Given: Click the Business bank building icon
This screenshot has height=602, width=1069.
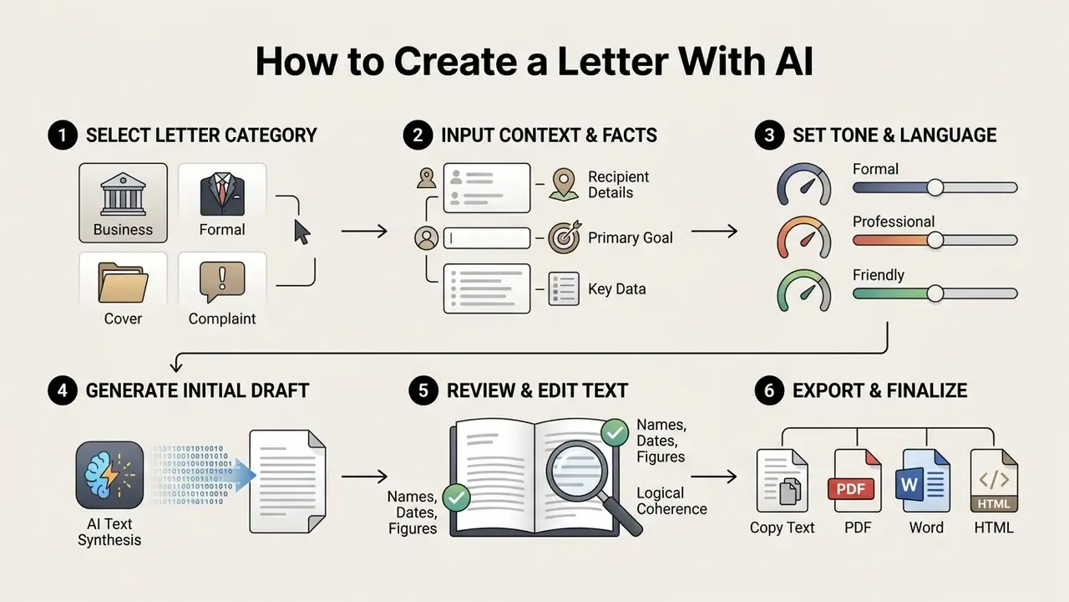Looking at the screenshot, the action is pos(123,194).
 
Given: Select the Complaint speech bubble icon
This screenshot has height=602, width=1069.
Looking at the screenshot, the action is pos(222,282).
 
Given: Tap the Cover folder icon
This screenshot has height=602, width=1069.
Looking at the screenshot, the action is pos(123,283).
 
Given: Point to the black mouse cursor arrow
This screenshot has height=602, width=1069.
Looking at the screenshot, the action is pos(301,232).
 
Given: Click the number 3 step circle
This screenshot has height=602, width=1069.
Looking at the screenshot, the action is pos(769,135).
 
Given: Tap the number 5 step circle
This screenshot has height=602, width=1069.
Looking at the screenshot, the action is pos(423,390).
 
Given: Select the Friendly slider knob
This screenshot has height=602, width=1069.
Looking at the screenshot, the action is pos(935,293).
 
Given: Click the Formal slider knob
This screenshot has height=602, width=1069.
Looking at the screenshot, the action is pos(935,188).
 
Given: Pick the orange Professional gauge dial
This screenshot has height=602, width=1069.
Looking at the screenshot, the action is pos(804,237).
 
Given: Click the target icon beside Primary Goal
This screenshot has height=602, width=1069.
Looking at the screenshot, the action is pos(564,237).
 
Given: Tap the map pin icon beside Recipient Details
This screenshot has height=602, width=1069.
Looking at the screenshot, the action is pos(564,185).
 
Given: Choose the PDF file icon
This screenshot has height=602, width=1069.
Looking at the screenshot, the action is pos(854,481).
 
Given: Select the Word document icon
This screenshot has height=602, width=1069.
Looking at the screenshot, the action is pos(923,481).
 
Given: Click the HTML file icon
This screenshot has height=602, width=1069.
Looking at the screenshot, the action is pos(994,481).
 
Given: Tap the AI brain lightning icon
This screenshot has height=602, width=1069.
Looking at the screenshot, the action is pos(109,475).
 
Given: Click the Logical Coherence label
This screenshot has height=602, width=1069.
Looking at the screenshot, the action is pos(671,501).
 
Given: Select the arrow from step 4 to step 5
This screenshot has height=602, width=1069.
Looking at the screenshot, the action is pos(364,477).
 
